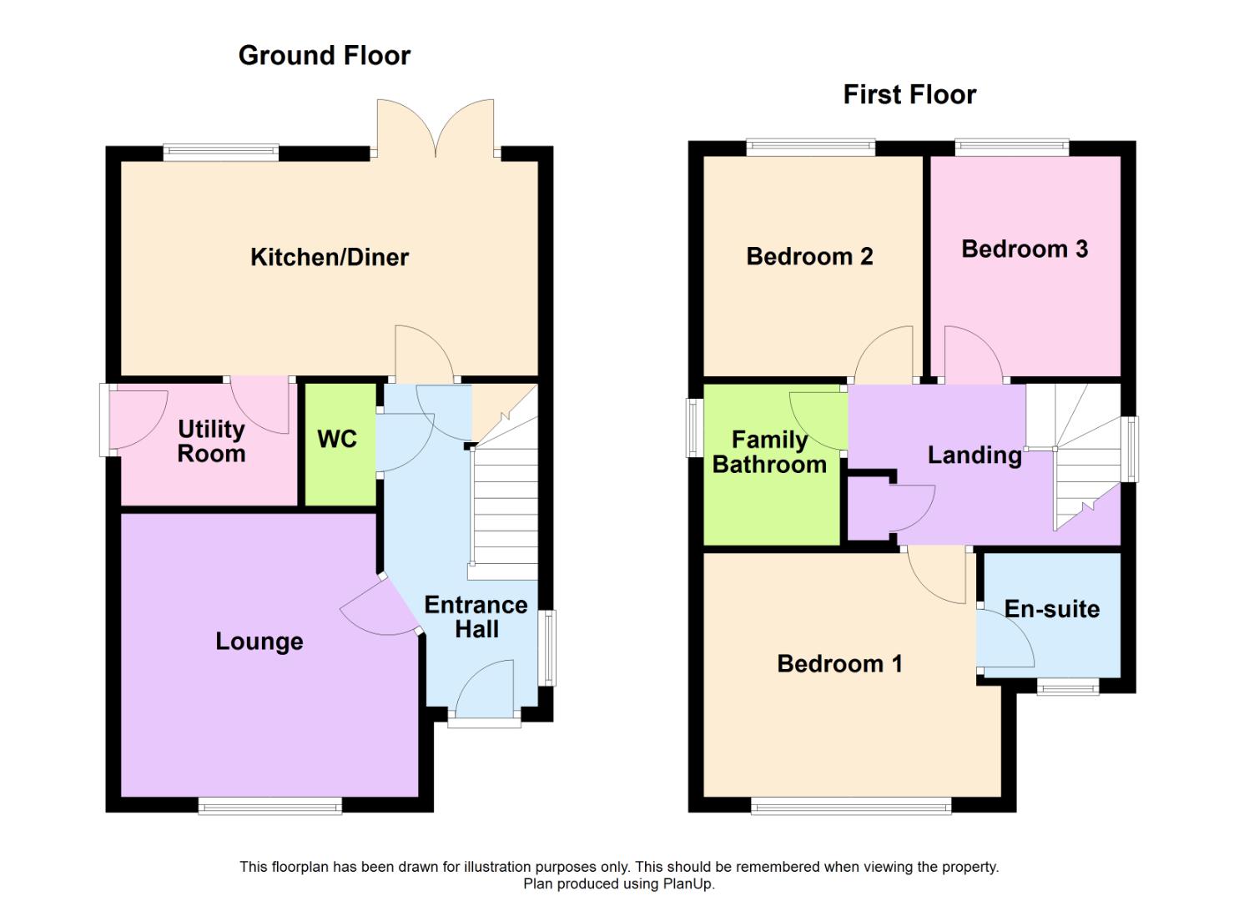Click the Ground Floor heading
[x=324, y=55]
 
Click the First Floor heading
[x=909, y=94]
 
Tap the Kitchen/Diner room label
[x=330, y=257]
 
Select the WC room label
[x=337, y=439]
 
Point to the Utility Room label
[x=211, y=441]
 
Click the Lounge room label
[x=259, y=641]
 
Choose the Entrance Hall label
[x=476, y=617]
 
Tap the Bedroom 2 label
[x=809, y=256]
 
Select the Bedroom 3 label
[x=1025, y=249]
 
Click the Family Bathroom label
[x=769, y=452]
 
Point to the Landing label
[x=975, y=455]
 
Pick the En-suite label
[x=1051, y=609]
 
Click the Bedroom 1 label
[x=839, y=663]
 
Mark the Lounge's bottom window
[x=269, y=805]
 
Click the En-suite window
[x=1068, y=687]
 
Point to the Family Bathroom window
[x=693, y=427]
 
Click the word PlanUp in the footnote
[x=688, y=883]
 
